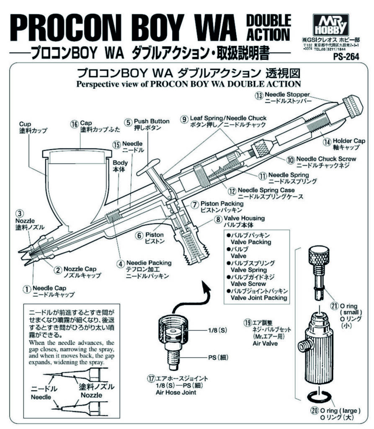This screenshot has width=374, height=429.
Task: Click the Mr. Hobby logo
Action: click(329, 25)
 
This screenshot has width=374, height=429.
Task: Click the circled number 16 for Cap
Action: click(75, 124)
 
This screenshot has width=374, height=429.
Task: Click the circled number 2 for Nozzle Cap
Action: click(58, 269)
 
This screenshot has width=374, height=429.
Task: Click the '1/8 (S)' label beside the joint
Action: click(218, 331)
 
